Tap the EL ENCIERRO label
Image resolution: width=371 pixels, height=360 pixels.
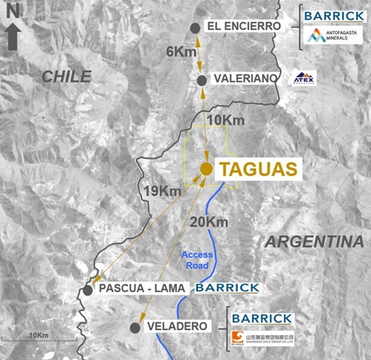tap(243, 26)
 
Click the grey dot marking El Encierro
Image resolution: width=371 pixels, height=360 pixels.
tap(196, 27)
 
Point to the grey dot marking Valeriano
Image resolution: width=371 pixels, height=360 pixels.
tap(201, 80)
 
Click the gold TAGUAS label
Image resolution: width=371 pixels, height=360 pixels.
tap(257, 168)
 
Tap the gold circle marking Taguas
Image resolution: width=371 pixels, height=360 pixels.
tap(206, 169)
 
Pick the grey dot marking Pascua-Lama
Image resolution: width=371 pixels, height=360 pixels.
tap(87, 290)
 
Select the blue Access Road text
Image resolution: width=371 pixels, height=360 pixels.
tap(198, 259)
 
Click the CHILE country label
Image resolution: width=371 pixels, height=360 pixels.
tap(67, 76)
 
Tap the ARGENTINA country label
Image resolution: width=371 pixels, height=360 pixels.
tap(314, 242)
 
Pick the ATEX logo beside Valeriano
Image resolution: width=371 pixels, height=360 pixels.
tap(303, 78)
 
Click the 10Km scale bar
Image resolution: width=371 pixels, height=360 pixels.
tap(37, 338)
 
